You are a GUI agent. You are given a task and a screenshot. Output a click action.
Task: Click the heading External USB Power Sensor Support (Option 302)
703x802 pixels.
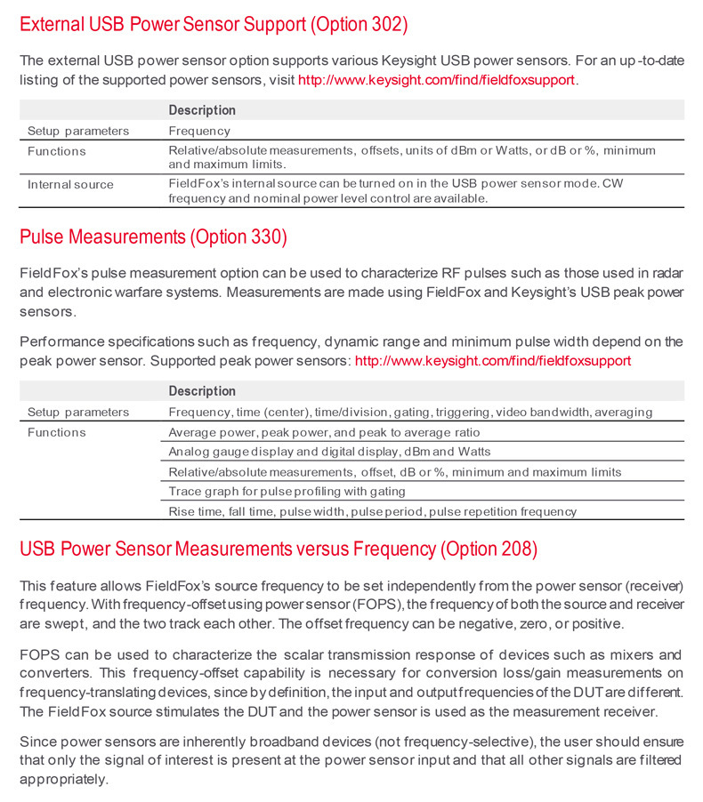(x=214, y=24)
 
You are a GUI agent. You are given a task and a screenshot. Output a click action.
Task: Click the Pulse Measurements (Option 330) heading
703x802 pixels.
(x=153, y=237)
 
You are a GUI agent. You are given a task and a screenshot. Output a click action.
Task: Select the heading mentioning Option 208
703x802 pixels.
(x=279, y=549)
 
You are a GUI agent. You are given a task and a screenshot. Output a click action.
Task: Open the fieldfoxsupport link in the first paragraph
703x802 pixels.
(x=437, y=80)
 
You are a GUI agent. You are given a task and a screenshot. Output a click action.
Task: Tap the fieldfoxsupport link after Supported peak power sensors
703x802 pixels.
(x=493, y=361)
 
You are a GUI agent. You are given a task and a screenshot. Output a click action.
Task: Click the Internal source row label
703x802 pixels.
(x=70, y=185)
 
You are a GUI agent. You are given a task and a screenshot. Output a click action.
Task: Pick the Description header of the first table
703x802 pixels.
(x=202, y=110)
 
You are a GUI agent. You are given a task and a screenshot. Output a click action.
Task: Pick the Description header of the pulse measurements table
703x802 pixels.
(x=202, y=391)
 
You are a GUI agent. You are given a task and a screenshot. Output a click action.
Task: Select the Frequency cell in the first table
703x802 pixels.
(x=199, y=131)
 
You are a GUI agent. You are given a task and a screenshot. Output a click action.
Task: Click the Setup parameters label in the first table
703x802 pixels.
(x=78, y=131)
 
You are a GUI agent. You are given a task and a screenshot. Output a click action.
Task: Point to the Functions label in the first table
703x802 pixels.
(x=57, y=151)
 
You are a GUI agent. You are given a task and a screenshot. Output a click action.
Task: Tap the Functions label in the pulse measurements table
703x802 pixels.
(x=57, y=432)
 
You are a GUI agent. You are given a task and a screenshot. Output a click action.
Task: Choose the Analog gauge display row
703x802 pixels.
(x=329, y=452)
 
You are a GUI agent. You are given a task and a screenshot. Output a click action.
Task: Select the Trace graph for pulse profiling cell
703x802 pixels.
(x=287, y=491)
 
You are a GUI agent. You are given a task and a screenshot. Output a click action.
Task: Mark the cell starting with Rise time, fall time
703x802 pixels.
(x=372, y=511)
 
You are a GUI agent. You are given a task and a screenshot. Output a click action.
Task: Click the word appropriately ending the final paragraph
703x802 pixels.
(x=63, y=778)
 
